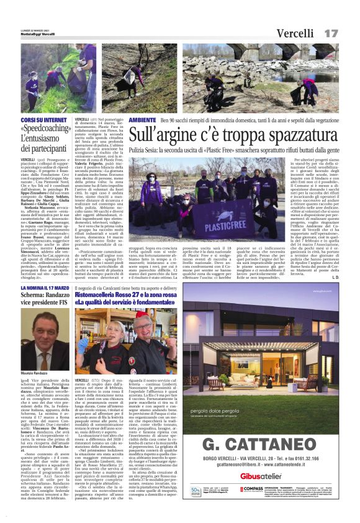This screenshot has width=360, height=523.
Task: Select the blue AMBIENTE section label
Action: point(143,119)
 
